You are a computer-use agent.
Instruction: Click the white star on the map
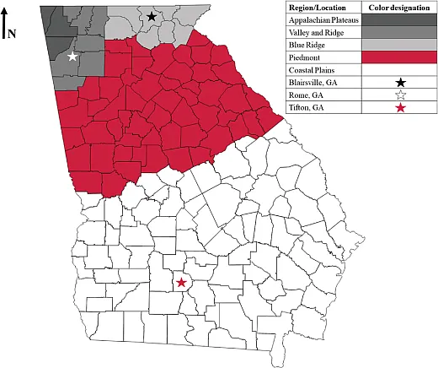pyautogui.click(x=72, y=57)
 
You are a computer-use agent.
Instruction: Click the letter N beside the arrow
pyautogui.click(x=13, y=34)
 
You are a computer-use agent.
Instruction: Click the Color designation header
pyautogui.click(x=398, y=6)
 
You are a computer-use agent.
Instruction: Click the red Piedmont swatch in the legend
pyautogui.click(x=398, y=57)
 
